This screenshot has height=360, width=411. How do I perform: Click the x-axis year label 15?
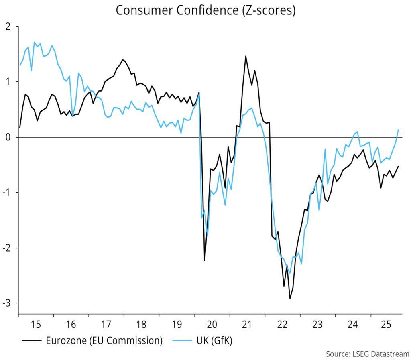(x=36, y=324)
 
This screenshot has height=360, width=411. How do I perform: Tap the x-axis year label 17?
(x=106, y=324)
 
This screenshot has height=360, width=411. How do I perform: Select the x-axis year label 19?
(x=177, y=324)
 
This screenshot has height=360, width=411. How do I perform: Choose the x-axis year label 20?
(x=212, y=324)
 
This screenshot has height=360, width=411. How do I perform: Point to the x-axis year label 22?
(x=283, y=324)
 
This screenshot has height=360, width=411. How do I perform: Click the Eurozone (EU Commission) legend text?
(x=104, y=341)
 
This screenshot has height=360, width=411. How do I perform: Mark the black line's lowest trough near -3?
(x=290, y=299)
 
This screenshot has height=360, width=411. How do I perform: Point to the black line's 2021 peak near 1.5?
(x=246, y=56)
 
